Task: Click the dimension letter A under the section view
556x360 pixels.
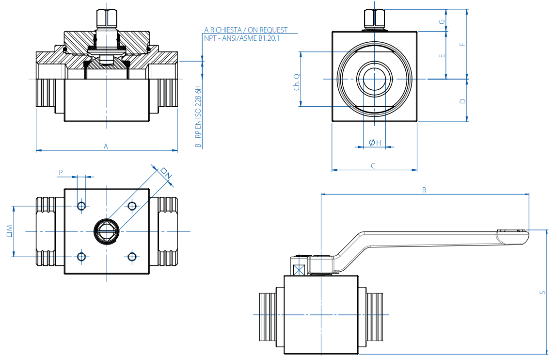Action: pos(106,146)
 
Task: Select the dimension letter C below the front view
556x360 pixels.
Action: pos(373,165)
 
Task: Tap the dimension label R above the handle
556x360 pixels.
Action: pos(424,190)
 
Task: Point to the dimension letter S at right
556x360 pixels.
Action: pos(543,293)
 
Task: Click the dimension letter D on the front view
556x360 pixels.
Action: pos(463,101)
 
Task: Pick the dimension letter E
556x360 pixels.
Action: pos(442,56)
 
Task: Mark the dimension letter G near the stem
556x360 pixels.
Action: pos(442,22)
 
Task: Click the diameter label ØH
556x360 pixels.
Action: pos(375,142)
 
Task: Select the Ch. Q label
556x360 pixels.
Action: pos(297,82)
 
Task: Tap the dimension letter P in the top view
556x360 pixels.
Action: pos(61,172)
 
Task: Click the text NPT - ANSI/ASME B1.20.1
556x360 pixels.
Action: pos(242,37)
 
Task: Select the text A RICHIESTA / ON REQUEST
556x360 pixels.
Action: pos(246,30)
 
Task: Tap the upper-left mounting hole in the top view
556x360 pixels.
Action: pos(81,206)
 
